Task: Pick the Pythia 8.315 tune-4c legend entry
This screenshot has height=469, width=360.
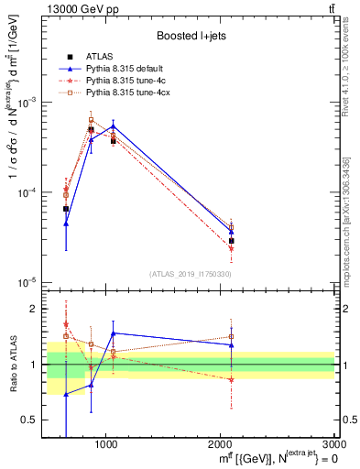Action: [x=124, y=81]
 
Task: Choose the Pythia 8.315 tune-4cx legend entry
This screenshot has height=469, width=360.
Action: [x=125, y=93]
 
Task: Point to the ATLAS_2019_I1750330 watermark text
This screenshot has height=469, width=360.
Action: [x=190, y=274]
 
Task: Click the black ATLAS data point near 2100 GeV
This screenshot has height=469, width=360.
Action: [x=232, y=241]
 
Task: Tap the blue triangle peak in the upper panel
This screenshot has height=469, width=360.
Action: [x=113, y=126]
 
